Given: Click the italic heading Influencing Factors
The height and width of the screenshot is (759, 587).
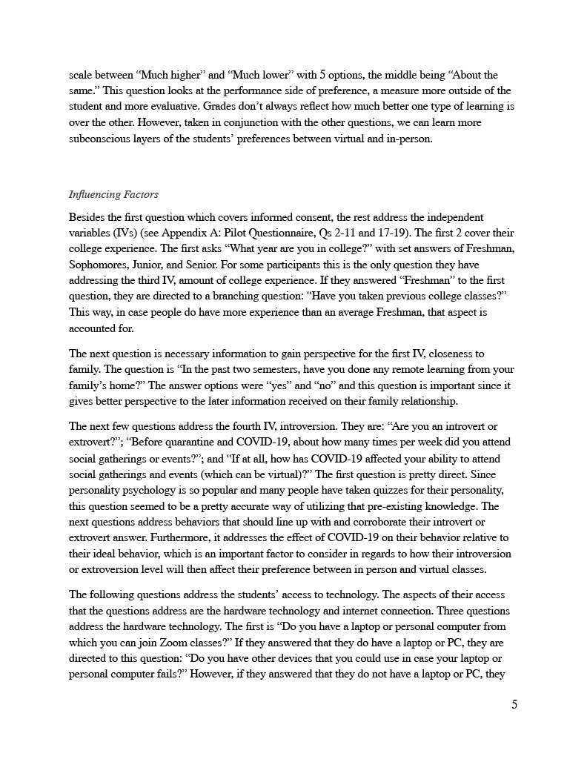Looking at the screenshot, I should coord(113,195).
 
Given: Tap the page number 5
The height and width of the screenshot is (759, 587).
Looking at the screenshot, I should coord(514,704).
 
